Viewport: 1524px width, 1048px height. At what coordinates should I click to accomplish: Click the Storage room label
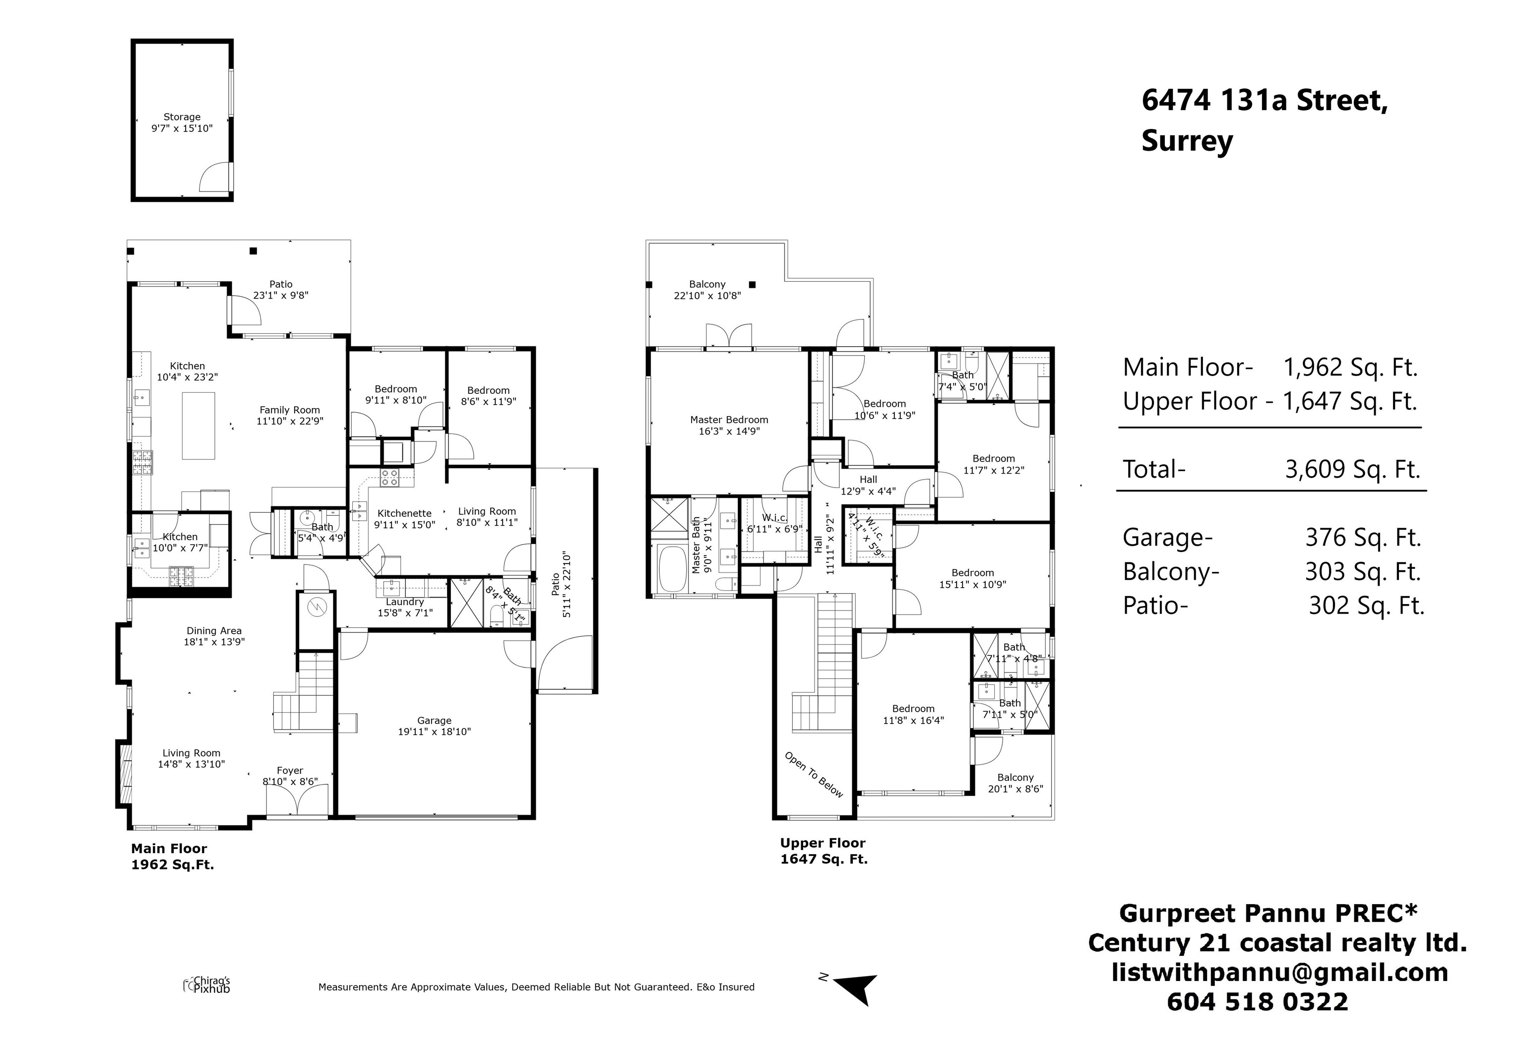coord(182,117)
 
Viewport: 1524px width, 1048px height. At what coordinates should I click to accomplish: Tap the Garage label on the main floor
coord(434,720)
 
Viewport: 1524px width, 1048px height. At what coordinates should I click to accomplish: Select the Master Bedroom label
coord(729,420)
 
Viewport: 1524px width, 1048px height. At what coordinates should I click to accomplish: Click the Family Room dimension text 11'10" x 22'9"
coord(290,422)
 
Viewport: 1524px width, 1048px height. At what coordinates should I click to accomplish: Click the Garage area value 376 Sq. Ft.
coord(1363,538)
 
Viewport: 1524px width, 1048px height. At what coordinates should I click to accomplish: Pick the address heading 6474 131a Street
coord(1265,101)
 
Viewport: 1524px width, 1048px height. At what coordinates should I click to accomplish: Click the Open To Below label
coord(814,775)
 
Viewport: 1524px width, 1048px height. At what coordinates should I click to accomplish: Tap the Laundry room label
coord(404,602)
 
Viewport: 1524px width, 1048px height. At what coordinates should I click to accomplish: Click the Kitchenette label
coord(404,513)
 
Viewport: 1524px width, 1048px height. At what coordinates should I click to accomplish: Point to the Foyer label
coord(290,771)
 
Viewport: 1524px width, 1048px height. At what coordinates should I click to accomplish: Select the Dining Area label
coord(214,631)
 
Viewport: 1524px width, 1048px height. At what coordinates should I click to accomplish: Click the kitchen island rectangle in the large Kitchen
coord(198,426)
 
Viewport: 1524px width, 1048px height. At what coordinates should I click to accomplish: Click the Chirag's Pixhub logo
coord(206,985)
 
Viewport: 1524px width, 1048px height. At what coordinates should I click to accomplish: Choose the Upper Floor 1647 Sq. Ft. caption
coord(824,851)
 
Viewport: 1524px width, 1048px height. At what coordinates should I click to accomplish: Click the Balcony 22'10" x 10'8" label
coord(707,290)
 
